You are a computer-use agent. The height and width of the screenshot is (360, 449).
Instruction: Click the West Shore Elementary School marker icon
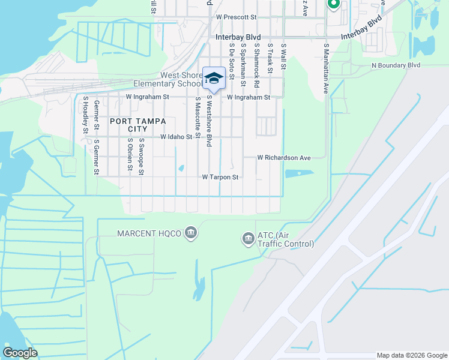[x=214, y=78]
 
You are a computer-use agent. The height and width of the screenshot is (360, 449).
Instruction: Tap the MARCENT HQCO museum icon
[x=191, y=232]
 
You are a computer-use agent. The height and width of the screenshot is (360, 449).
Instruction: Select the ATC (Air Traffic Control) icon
[x=247, y=239]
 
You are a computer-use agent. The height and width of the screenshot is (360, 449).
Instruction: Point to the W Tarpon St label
[x=220, y=178]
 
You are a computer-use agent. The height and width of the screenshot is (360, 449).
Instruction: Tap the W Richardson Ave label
[x=284, y=158]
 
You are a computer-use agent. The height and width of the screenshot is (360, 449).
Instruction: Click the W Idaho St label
[x=176, y=137]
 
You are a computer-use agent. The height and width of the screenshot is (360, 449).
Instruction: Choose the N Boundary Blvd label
[x=396, y=65]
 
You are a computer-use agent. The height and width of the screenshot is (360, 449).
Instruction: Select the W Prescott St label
[x=236, y=18]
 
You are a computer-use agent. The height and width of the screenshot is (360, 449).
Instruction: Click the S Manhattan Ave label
[x=327, y=69]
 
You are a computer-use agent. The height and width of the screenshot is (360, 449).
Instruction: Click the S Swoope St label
[x=141, y=155]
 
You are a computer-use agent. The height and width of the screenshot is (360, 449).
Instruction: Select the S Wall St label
[x=283, y=57]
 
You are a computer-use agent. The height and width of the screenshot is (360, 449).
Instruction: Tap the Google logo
[x=20, y=353]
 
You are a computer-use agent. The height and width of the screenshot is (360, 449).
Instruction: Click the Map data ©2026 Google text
[x=412, y=355]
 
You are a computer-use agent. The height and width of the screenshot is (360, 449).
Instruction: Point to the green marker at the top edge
[x=334, y=4]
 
